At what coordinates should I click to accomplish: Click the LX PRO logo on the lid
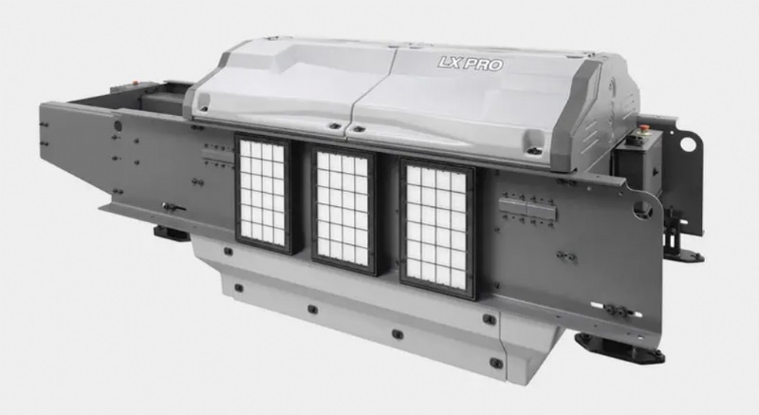tap(470, 64)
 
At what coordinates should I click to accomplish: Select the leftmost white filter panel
tap(263, 193)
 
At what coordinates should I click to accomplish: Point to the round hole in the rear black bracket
tap(687, 143)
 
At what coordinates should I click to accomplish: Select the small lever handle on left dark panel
tap(173, 207)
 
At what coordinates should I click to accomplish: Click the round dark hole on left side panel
tap(118, 126)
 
